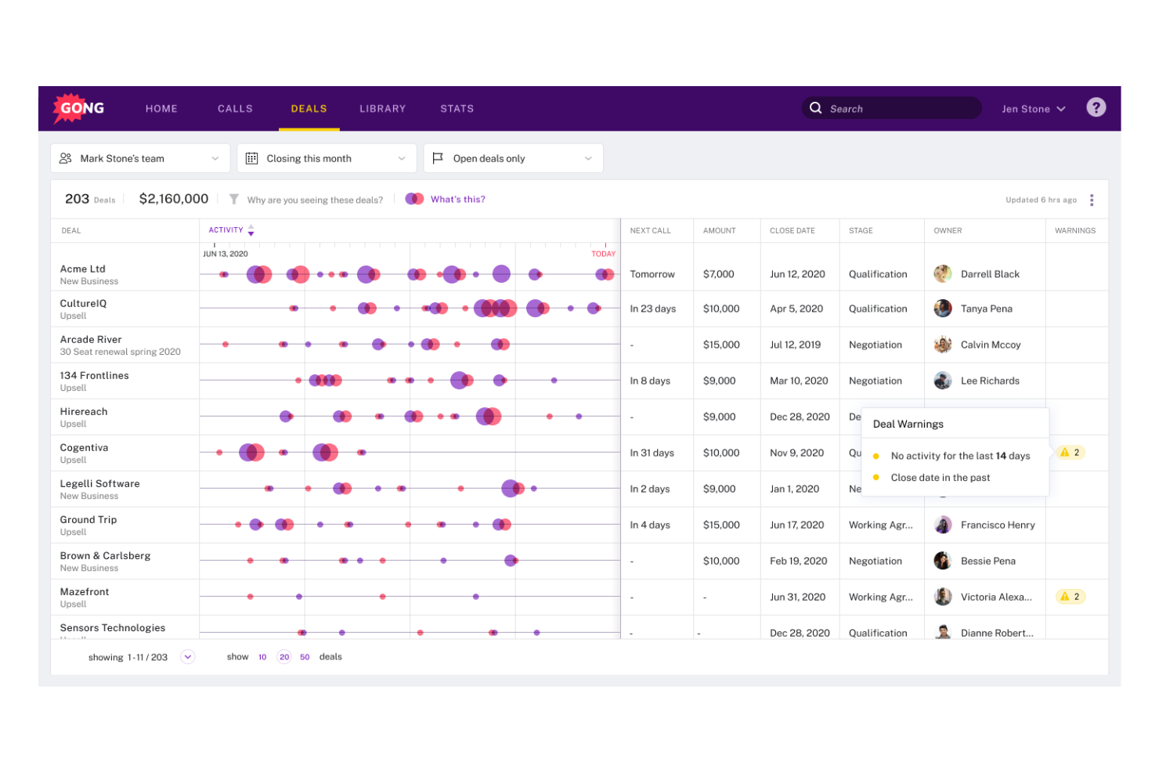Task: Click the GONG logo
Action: [x=78, y=108]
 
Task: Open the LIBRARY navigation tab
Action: [x=382, y=109]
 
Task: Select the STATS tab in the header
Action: [x=457, y=109]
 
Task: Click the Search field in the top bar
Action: [x=893, y=109]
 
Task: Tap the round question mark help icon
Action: [x=1096, y=107]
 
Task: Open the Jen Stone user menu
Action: [x=1033, y=109]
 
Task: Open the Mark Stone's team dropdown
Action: [x=140, y=158]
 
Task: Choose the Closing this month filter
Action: [x=327, y=158]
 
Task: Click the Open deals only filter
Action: [x=513, y=158]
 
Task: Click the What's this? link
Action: [x=457, y=200]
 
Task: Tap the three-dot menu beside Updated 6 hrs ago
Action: [x=1091, y=200]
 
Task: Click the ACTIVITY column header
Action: [x=226, y=230]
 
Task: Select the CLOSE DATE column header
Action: [x=792, y=231]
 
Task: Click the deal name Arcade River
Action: [x=91, y=340]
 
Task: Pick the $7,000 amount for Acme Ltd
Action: [x=718, y=274]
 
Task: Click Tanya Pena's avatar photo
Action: [x=943, y=309]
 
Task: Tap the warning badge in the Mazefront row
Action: [x=1070, y=597]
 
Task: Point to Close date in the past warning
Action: [x=940, y=478]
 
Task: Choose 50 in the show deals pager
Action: [x=305, y=657]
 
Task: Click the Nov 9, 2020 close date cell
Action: [x=796, y=453]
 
